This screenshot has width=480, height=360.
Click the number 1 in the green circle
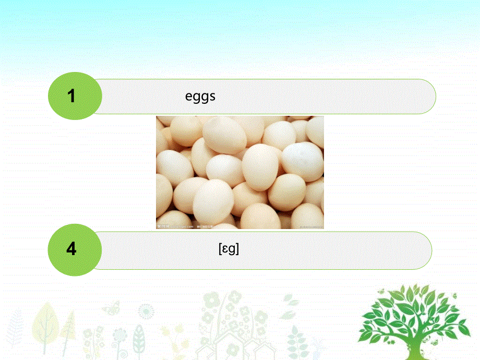point(71,96)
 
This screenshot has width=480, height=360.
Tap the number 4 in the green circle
point(71,249)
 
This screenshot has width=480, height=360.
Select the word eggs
point(200,97)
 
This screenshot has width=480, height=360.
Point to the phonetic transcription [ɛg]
point(229,249)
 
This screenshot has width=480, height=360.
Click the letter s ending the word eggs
point(212,97)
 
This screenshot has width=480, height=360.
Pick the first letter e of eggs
point(189,97)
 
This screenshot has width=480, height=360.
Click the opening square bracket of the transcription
point(220,249)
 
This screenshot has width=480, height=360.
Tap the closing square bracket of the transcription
point(237,249)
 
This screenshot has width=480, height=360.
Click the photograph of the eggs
point(239,172)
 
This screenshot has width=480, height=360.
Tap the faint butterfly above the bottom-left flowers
point(111,308)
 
